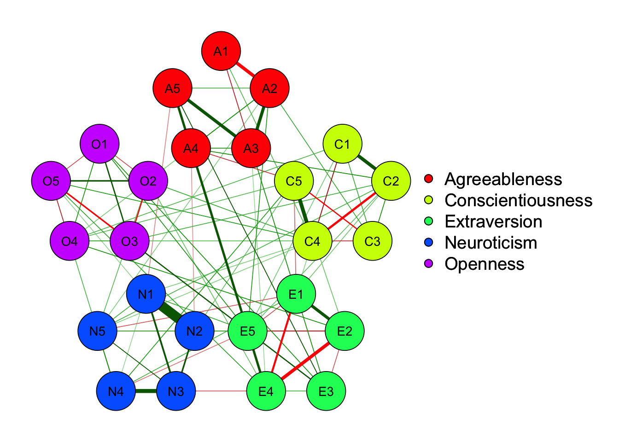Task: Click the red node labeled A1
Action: (x=221, y=51)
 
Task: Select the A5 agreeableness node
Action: (x=173, y=88)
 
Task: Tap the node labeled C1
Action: (x=342, y=144)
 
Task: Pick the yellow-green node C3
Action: (x=372, y=241)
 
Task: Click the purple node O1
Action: (x=99, y=144)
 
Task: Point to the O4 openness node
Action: (x=70, y=241)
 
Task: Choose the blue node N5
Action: (x=98, y=331)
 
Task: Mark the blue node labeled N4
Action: (x=116, y=391)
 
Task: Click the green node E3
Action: (x=326, y=391)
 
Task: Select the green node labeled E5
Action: (x=248, y=331)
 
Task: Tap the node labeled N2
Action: (x=194, y=331)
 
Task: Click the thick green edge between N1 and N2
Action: (x=170, y=313)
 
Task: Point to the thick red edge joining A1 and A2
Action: (x=245, y=70)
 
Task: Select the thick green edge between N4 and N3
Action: (x=146, y=391)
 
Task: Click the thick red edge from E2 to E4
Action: (x=305, y=361)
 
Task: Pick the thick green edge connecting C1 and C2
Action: (x=367, y=163)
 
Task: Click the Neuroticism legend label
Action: (x=491, y=243)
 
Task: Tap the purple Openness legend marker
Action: (x=429, y=264)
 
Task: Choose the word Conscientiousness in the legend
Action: (x=519, y=200)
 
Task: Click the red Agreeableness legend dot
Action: (x=429, y=179)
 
